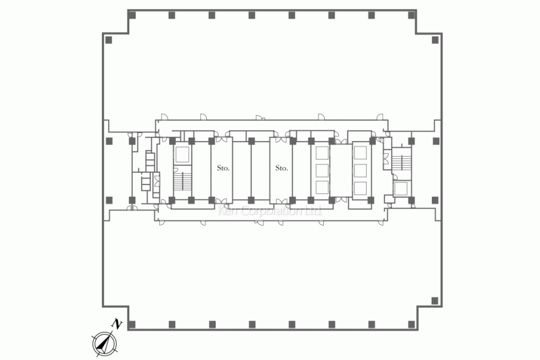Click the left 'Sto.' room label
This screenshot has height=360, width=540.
tap(223, 168)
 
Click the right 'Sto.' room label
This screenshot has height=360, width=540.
tap(282, 168)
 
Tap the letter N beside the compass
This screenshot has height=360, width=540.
tap(117, 324)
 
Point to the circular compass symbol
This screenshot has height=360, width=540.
tap(104, 344)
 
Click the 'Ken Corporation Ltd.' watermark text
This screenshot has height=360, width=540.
tap(270, 210)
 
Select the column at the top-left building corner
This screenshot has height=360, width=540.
tap(132, 15)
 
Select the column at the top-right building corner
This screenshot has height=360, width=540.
tap(411, 15)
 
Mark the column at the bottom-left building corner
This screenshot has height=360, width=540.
tap(132, 324)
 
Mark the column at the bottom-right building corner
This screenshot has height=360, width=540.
tap(411, 324)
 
